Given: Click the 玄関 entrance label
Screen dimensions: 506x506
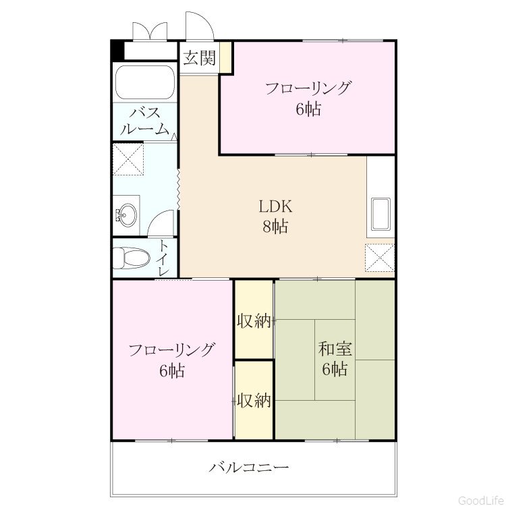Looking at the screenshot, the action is (199, 59).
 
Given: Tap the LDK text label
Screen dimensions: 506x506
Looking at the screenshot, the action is (275, 206).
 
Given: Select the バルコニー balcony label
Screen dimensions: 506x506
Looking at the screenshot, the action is (248, 468).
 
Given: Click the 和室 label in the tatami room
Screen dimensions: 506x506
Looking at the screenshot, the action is (335, 349).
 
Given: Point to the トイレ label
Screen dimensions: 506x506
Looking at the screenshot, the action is (163, 258).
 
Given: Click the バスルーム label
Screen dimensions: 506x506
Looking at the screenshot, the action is (144, 121).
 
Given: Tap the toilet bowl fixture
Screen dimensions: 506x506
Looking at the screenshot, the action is (132, 258).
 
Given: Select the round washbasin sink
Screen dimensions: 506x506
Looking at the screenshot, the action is (127, 215).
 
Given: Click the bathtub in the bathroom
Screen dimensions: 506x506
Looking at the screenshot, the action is (145, 82).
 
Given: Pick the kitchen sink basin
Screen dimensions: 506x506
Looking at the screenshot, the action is (381, 215).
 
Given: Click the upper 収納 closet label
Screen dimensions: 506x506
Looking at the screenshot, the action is (254, 321).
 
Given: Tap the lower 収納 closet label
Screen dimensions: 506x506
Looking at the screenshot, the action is (254, 401).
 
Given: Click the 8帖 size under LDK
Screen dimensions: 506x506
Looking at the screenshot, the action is (275, 226).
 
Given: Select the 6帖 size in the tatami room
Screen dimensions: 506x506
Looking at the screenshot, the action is (335, 369).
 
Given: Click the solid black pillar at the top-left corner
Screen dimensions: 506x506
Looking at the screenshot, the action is (117, 50).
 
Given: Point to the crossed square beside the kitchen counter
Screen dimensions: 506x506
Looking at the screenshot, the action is (379, 258).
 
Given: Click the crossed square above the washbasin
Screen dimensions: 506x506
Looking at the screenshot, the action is (128, 159).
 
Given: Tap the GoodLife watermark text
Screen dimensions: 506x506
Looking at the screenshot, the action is (482, 500).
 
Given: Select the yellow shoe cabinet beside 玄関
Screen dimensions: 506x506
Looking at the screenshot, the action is (226, 57).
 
